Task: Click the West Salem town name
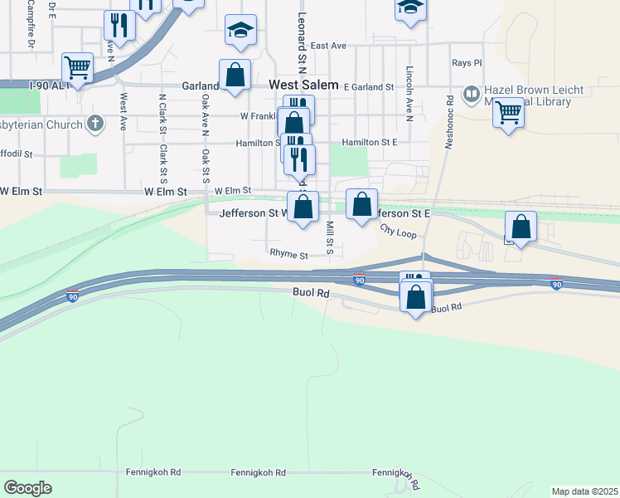(x=303, y=85)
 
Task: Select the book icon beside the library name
(x=471, y=94)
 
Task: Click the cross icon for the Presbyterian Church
(x=96, y=124)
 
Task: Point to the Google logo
(x=27, y=488)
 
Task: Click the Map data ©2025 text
(x=584, y=491)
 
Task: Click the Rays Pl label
(x=467, y=63)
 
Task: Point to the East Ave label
(x=328, y=46)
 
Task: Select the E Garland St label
(x=368, y=86)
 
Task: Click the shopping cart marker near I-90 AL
(x=77, y=66)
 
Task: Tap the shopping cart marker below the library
(x=508, y=110)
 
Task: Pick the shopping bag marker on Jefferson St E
(x=362, y=203)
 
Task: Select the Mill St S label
(x=330, y=238)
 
